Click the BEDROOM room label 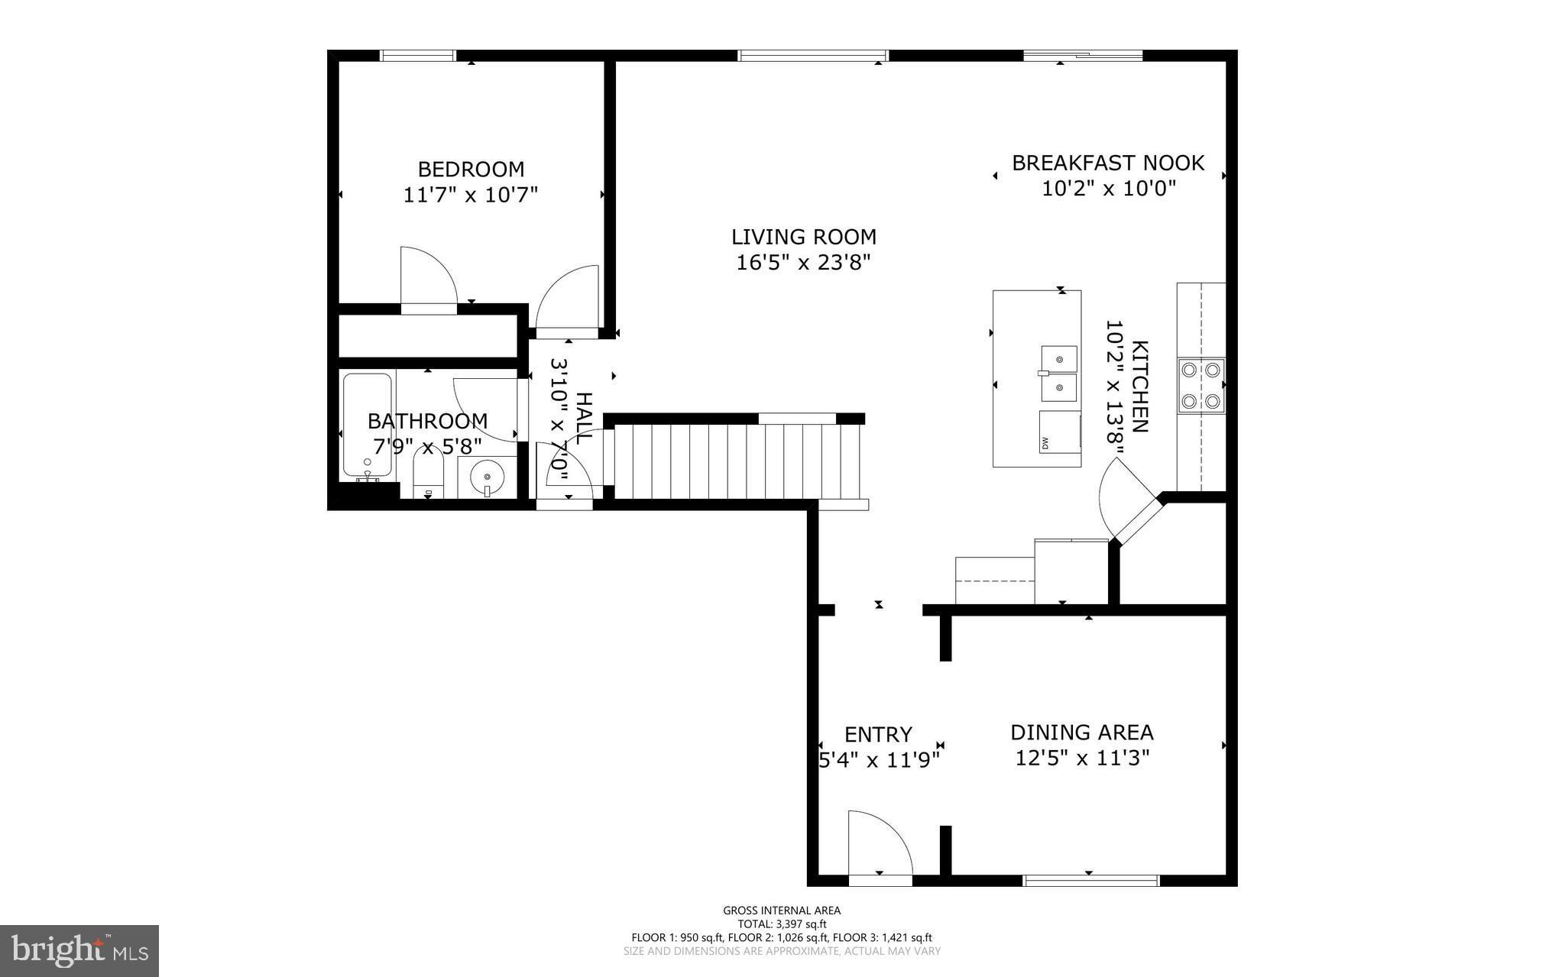471,169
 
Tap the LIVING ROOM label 803,237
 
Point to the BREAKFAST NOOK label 1108,163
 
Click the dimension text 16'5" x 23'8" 803,263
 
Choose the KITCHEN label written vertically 1139,387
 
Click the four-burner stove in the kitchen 1201,386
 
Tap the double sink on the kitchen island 1059,373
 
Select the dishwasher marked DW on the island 1059,432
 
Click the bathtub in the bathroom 368,425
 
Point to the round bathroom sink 487,478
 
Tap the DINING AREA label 1082,733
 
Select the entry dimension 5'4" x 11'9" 879,760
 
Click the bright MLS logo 79,951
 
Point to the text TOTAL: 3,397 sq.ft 782,924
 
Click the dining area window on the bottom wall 1090,881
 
